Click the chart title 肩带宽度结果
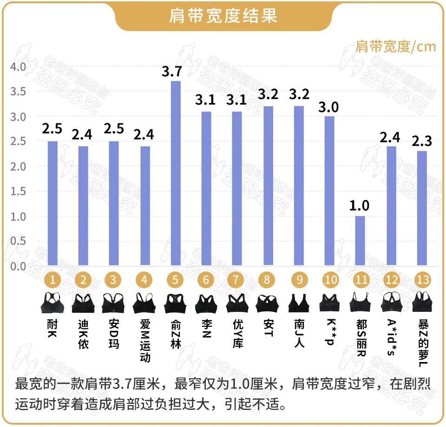pos(223,16)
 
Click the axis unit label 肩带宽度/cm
pos(395,46)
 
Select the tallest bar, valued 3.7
pos(176,173)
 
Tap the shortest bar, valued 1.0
pos(361,241)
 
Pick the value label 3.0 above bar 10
pos(329,107)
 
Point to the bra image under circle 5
pos(175,302)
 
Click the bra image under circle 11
pos(361,302)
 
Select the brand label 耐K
pos(52,328)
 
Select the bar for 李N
pos(206,188)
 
